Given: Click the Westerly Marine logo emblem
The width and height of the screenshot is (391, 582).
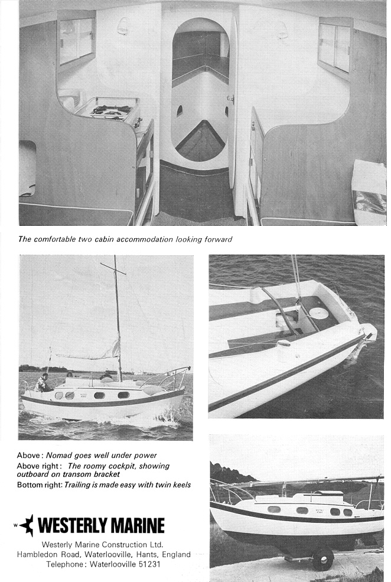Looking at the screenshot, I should pos(26,525).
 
